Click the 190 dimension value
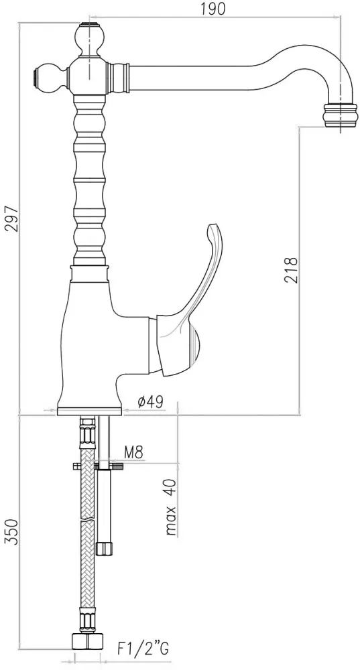(213, 9)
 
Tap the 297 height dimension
(12, 219)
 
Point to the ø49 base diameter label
(150, 401)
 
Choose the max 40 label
(170, 508)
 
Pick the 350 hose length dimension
(12, 532)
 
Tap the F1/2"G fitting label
(143, 649)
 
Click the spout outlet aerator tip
(341, 115)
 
